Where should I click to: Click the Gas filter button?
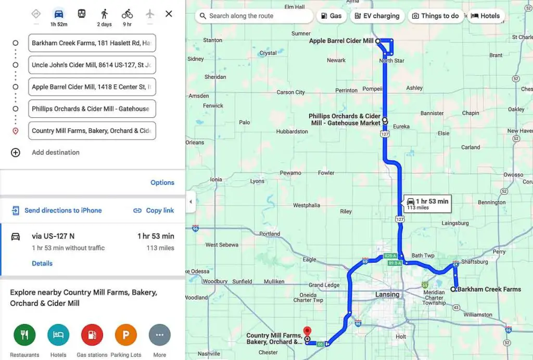pyautogui.click(x=331, y=16)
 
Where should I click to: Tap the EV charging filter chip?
pyautogui.click(x=376, y=16)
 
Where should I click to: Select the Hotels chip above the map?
pyautogui.click(x=485, y=16)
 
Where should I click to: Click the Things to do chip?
pyautogui.click(x=435, y=16)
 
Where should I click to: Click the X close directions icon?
pyautogui.click(x=169, y=14)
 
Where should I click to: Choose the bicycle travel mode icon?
pyautogui.click(x=127, y=14)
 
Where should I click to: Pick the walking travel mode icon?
pyautogui.click(x=105, y=14)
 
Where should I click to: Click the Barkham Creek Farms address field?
pyautogui.click(x=92, y=43)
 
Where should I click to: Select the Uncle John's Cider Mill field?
pyautogui.click(x=92, y=65)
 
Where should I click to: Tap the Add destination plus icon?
pyautogui.click(x=16, y=153)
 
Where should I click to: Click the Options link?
pyautogui.click(x=162, y=182)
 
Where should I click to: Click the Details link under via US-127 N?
pyautogui.click(x=42, y=263)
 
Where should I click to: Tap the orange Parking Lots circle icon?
pyautogui.click(x=125, y=335)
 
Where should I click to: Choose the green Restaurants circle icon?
pyautogui.click(x=24, y=335)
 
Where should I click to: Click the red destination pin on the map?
pyautogui.click(x=307, y=332)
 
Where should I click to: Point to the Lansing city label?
pyautogui.click(x=387, y=294)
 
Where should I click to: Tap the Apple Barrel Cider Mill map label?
pyautogui.click(x=341, y=41)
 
